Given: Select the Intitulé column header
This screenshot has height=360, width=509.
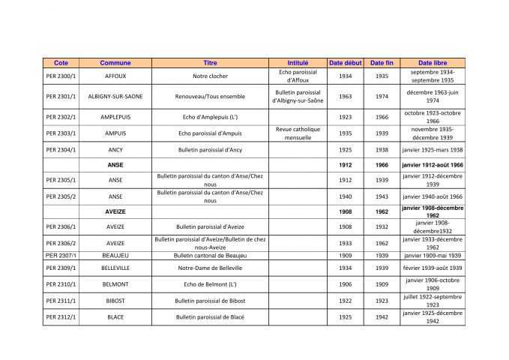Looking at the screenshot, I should coord(298,63).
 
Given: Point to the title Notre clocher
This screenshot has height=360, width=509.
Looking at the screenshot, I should coord(210,76).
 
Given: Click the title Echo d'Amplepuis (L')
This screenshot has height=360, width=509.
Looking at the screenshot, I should coord(210,117).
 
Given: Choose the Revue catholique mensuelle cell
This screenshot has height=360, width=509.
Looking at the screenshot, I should coord(298,133).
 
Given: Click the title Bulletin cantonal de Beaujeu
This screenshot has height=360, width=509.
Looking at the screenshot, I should coord(210,256).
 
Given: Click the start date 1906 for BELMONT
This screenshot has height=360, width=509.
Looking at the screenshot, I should coord(345,284).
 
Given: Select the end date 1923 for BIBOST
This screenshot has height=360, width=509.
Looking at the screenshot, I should coord(382,301).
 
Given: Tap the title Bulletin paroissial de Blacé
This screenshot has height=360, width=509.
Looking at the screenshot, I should coord(210,317).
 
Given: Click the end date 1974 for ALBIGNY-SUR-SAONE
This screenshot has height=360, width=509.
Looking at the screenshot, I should coord(382,97).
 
